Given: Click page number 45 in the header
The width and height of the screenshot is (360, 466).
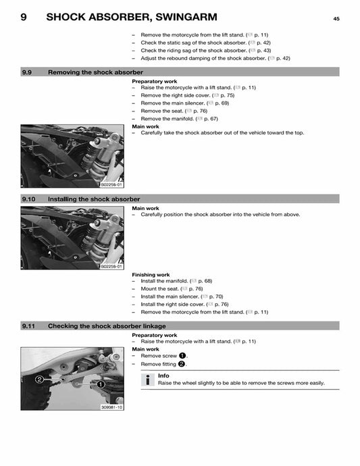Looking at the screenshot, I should click(336, 19).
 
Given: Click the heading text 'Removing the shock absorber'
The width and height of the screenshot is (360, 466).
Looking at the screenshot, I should click(95, 72).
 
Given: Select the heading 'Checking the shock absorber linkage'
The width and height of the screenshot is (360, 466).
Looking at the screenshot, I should click(107, 326).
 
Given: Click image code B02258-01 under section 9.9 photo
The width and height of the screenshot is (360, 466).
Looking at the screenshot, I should click(111, 184).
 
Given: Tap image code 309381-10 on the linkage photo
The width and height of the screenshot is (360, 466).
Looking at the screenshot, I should click(111, 407).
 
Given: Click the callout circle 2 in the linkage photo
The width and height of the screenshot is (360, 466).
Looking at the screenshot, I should click(40, 380).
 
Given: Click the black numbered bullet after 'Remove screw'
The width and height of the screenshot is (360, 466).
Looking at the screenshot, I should click(182, 356).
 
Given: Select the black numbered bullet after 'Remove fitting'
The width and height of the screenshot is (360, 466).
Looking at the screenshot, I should click(182, 364).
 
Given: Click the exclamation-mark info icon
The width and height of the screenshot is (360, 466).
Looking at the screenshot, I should click(147, 380).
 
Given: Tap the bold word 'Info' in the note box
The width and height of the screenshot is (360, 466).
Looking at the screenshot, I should click(163, 376).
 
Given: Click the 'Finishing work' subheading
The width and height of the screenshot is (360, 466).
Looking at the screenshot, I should click(151, 275).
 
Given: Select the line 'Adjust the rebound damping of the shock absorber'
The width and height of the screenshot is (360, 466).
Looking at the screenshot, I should click(215, 59).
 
